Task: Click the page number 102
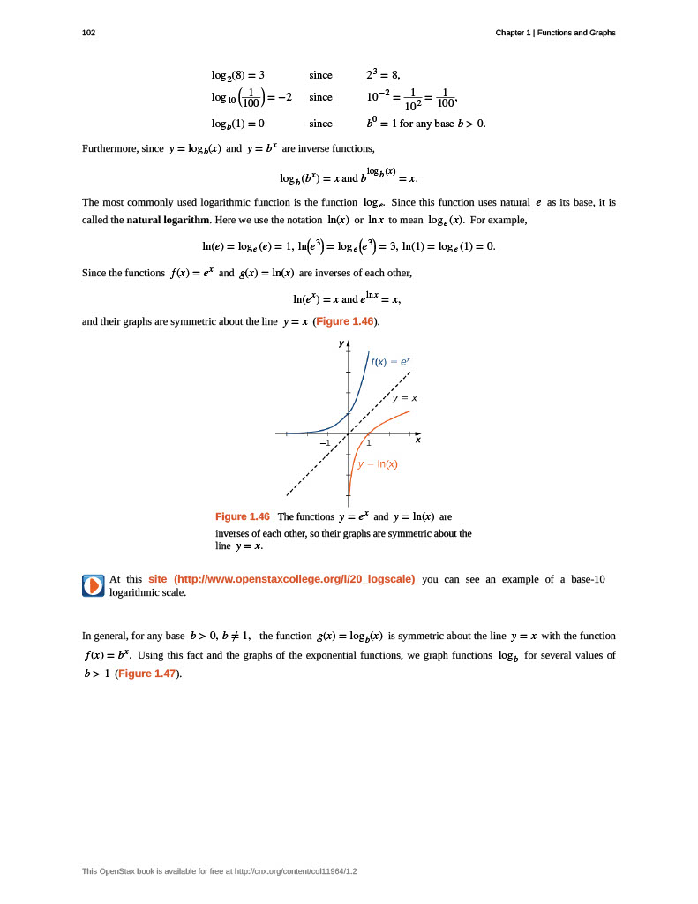tap(88, 33)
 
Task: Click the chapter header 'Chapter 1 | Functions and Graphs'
tap(555, 33)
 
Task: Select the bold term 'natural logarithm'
tap(169, 220)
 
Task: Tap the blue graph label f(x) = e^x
tap(391, 362)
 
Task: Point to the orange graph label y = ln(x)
tap(378, 464)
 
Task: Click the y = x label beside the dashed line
tap(405, 398)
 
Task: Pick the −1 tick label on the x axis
tap(325, 442)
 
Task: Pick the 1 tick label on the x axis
tap(369, 442)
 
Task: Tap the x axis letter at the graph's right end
tap(418, 440)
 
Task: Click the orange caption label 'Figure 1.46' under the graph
tap(243, 516)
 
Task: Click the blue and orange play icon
tap(93, 585)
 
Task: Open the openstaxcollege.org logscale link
tap(281, 579)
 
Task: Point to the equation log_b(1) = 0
tap(238, 124)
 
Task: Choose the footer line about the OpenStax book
tap(219, 871)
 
